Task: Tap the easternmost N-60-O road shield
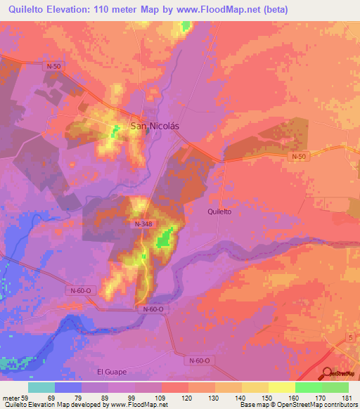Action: pos(200,360)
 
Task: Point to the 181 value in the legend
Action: pos(345,398)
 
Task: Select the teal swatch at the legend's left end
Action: pos(41,387)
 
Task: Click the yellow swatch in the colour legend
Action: pos(281,387)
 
